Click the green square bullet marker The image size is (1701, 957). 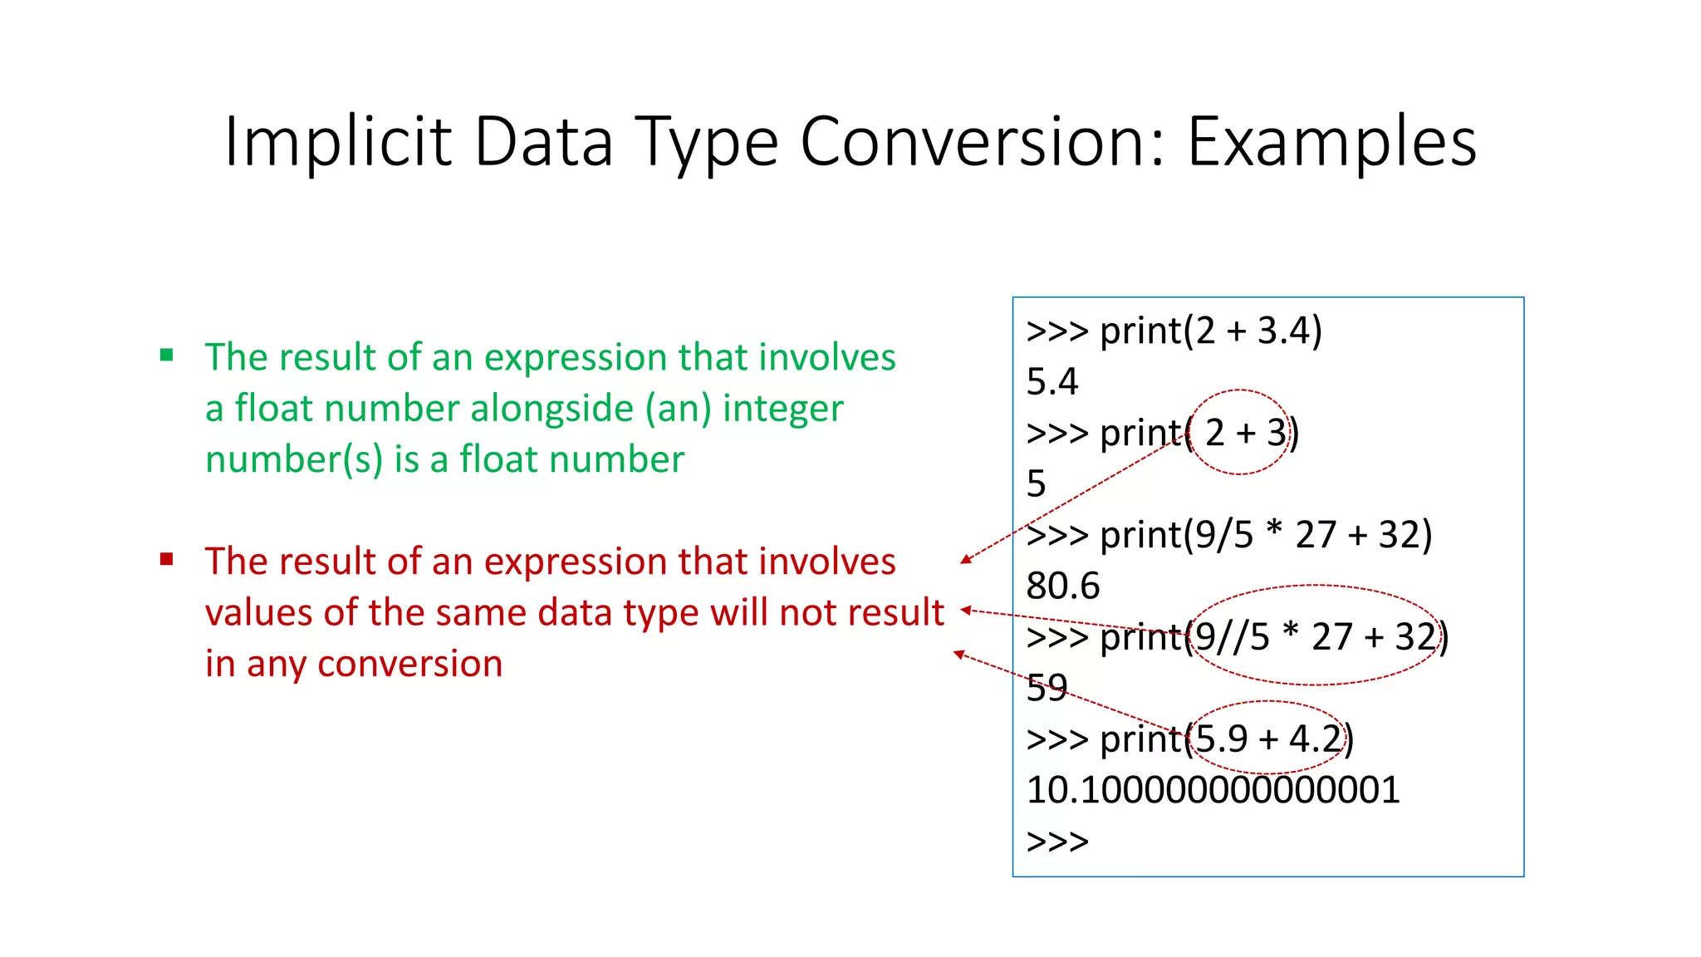(x=167, y=356)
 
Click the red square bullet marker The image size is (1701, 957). (x=167, y=559)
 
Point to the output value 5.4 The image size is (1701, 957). (x=1051, y=382)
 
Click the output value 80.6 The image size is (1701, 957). (x=1062, y=586)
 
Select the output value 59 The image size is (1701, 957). (x=1047, y=688)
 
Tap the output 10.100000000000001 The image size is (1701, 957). (x=1213, y=790)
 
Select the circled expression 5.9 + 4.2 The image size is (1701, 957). (x=1267, y=739)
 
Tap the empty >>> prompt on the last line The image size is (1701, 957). (x=1056, y=842)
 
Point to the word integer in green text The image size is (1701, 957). (x=782, y=409)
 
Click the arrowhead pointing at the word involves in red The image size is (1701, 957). (x=965, y=561)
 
